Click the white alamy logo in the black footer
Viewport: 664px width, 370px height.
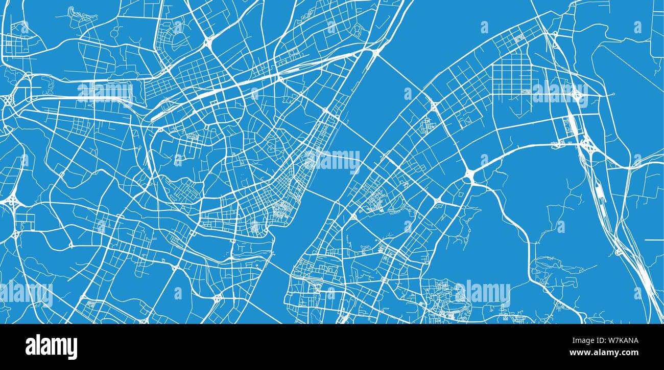tap(51, 346)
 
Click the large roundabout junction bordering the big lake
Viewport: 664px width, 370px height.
tap(469, 176)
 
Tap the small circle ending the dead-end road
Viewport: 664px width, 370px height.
tap(612, 94)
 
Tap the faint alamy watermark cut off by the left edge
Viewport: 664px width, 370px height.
tap(26, 293)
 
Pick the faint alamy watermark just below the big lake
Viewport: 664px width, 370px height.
tap(483, 293)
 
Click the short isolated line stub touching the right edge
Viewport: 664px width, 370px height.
tap(654, 240)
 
